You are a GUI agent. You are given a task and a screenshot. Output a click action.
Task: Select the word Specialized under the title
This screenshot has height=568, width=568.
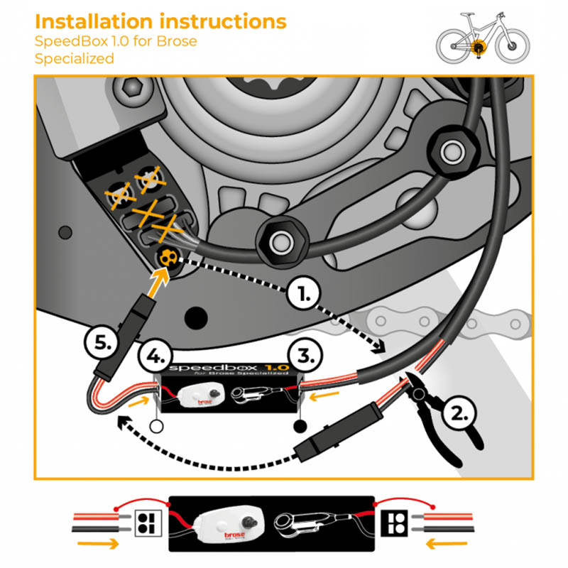click(75, 58)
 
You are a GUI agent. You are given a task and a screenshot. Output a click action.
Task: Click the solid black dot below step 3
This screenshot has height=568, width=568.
click(299, 427)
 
